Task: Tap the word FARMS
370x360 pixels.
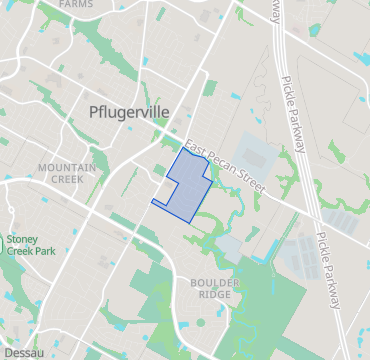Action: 77,5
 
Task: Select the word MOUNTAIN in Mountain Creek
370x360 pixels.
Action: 66,166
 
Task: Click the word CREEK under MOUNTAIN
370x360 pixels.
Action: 66,179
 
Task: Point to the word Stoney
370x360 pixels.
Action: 22,240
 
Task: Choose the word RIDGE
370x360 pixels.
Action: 215,295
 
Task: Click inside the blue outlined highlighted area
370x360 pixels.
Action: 183,186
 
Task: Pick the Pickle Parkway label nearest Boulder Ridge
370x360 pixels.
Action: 328,268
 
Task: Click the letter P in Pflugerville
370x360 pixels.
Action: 95,112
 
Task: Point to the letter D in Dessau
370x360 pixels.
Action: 6,353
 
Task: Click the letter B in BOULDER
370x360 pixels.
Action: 192,283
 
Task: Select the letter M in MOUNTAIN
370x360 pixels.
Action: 40,166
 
